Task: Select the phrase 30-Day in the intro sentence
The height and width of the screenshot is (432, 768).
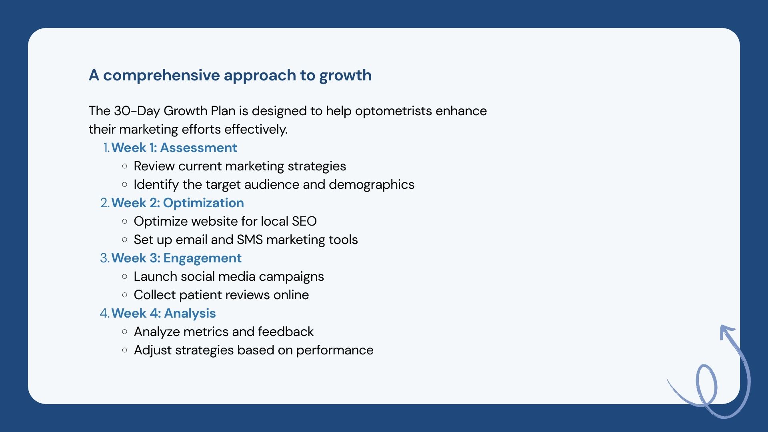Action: coord(137,111)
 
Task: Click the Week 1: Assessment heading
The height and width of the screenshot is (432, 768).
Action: coord(174,148)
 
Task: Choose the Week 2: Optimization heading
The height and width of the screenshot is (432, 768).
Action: coord(178,203)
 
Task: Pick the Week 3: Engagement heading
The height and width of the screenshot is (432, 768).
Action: coord(176,258)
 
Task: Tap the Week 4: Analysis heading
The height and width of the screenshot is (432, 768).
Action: coord(164,313)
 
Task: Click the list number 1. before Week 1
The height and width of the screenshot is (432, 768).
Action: coord(106,148)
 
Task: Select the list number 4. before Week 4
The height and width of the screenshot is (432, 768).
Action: coord(104,313)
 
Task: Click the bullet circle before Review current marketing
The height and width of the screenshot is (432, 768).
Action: coord(125,166)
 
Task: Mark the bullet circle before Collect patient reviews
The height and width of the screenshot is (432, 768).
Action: coord(125,295)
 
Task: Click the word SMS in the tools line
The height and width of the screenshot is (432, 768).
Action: coord(250,240)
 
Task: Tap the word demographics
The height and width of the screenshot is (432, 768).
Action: coord(372,185)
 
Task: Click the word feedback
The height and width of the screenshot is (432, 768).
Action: coord(286,332)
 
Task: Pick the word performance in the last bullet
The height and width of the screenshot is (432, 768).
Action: coord(335,350)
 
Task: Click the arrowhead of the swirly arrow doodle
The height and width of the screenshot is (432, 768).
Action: coord(725,330)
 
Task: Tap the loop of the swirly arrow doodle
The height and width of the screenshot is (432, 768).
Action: coord(697,384)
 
